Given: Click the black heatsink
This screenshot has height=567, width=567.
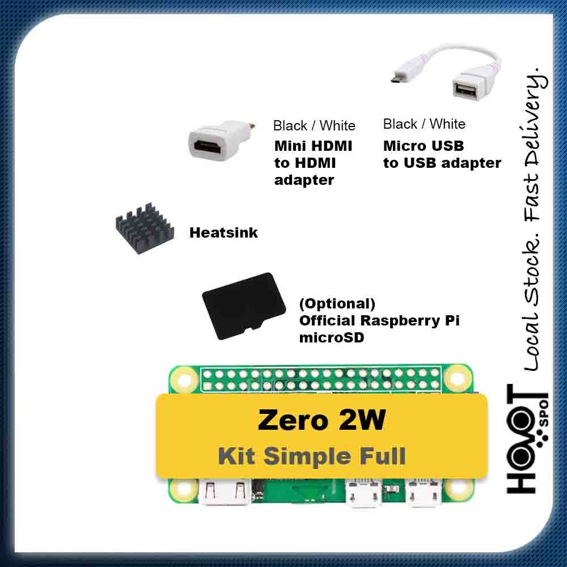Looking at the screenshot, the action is click(x=145, y=229).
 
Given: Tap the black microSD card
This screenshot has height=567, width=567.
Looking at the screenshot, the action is click(x=244, y=306).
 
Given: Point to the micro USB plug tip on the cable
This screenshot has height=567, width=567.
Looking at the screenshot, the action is click(x=395, y=78).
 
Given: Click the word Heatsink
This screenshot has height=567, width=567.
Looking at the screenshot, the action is click(x=223, y=232).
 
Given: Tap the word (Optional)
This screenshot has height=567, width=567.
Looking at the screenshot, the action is click(x=337, y=303).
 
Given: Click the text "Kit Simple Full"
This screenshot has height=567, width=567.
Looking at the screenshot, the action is click(x=312, y=456).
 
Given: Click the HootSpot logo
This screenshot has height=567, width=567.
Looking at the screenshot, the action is click(x=527, y=439).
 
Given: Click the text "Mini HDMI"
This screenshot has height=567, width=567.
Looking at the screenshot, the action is click(x=313, y=146).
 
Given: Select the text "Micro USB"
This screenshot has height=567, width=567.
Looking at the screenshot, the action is click(x=424, y=146).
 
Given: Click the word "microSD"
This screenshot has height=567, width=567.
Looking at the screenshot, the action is click(x=332, y=338).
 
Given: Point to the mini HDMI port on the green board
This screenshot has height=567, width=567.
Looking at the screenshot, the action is click(x=225, y=491).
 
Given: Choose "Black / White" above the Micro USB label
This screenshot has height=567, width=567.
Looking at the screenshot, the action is click(x=424, y=124).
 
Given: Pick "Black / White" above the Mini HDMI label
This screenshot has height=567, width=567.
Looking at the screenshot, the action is click(x=314, y=126).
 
